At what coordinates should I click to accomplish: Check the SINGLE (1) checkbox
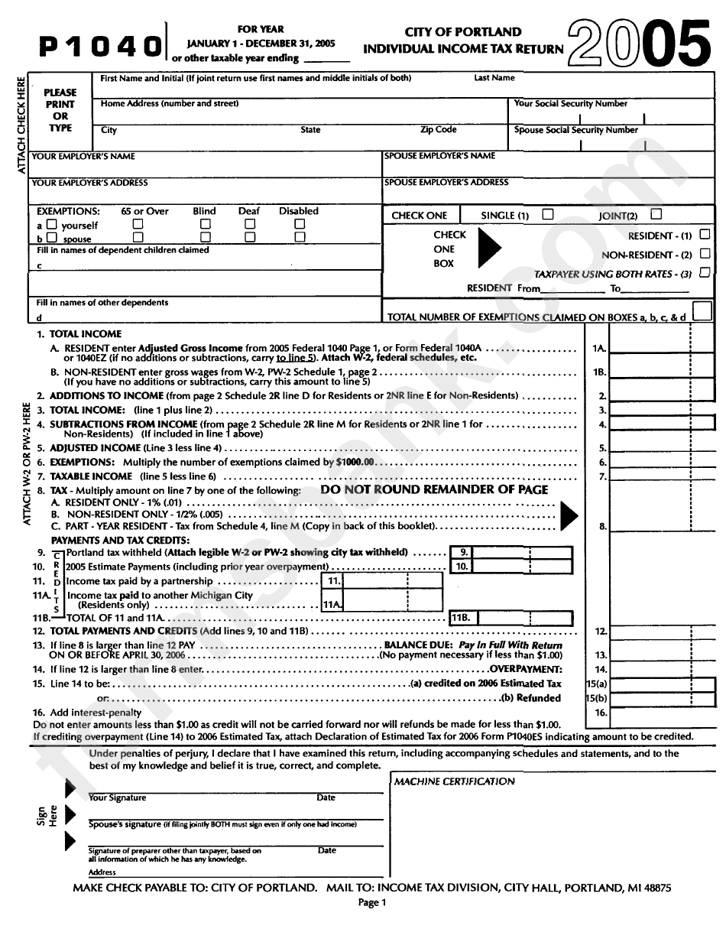(x=547, y=215)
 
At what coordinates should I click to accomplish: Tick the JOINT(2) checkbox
(x=656, y=215)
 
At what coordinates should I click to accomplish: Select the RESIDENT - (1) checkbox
(x=705, y=235)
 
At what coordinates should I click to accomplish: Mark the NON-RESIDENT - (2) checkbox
(x=705, y=254)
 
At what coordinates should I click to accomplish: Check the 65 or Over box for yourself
(x=138, y=225)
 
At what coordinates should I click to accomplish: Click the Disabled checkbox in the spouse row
(x=300, y=238)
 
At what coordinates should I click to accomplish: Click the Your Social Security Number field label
(x=570, y=104)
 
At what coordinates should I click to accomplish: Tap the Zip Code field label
(x=438, y=130)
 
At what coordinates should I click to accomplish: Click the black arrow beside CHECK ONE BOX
(x=489, y=248)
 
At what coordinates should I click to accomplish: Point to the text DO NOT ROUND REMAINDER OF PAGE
(x=434, y=489)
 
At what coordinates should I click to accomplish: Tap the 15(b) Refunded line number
(x=596, y=698)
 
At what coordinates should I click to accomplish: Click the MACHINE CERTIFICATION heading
(x=454, y=781)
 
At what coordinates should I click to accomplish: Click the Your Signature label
(x=117, y=797)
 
